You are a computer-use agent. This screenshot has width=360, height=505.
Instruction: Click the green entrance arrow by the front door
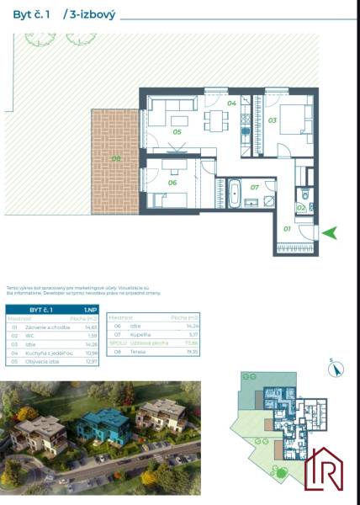point(331,232)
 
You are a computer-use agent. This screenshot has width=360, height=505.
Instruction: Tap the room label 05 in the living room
point(177,132)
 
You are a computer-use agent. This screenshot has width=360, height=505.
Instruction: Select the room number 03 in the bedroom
point(273,120)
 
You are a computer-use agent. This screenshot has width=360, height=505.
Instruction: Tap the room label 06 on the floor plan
point(172,182)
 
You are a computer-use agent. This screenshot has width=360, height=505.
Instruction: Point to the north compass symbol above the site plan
point(333,366)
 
